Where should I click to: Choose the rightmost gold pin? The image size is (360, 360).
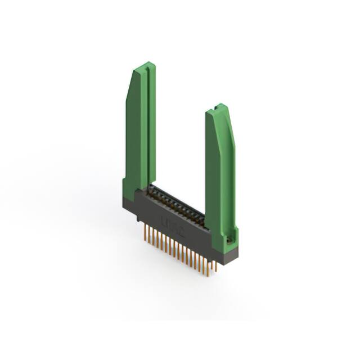click(216, 265)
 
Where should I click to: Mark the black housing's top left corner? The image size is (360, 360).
click(135, 191)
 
